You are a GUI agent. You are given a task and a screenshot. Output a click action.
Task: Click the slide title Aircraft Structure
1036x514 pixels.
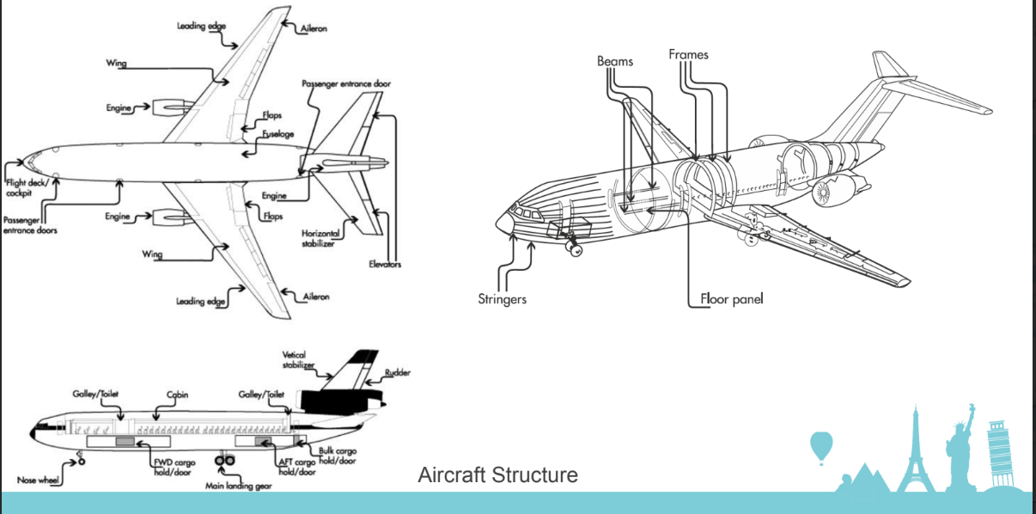[497, 474]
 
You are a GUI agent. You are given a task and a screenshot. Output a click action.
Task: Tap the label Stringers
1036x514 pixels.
[502, 300]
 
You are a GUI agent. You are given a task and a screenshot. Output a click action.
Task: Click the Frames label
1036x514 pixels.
[689, 55]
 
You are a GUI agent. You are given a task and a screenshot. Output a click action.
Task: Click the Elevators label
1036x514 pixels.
[385, 264]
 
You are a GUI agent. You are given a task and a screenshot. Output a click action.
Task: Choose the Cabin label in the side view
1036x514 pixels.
[177, 395]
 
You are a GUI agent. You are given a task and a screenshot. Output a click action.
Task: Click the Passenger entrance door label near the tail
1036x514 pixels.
[346, 83]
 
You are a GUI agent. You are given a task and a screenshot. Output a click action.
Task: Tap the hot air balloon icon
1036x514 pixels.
[821, 446]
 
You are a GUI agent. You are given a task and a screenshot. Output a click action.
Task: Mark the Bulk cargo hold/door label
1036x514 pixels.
[337, 456]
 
